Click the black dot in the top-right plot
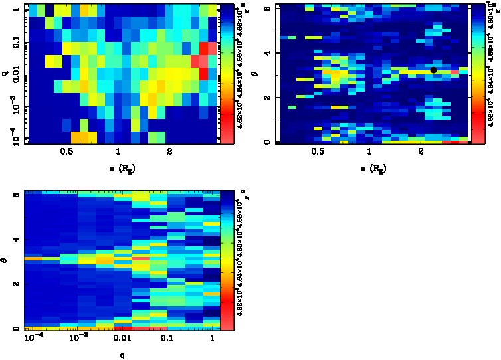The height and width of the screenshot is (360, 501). (433, 70)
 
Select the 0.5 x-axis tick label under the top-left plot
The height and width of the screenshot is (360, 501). (66, 152)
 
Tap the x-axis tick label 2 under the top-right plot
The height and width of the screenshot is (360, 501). (421, 152)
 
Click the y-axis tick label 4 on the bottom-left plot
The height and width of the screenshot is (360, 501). (17, 239)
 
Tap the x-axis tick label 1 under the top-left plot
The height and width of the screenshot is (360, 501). (118, 152)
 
